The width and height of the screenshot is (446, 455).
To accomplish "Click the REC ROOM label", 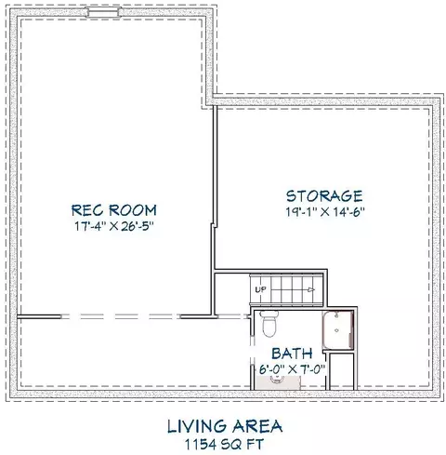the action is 114,210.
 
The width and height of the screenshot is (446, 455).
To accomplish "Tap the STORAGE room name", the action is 324,196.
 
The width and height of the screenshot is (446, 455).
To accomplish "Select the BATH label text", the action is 292,354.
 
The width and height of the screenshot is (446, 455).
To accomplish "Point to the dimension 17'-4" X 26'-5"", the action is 114,226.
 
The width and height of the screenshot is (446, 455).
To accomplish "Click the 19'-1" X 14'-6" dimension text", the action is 325,212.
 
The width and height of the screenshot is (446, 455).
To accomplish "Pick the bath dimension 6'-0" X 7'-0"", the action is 292,369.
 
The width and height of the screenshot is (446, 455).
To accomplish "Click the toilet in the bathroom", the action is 269,324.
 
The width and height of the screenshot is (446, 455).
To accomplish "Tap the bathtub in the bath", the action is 338,330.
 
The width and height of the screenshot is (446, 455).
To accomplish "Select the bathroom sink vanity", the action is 278,382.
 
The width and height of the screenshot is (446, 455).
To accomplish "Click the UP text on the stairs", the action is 260,289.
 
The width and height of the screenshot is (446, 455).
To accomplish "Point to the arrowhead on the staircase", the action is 311,289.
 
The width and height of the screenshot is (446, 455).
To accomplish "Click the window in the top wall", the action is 103,12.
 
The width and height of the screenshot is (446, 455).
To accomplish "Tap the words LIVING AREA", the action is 225,426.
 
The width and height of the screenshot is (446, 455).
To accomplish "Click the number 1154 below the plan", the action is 201,444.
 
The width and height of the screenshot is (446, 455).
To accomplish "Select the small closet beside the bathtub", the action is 342,371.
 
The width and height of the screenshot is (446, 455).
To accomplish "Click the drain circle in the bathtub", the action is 337,330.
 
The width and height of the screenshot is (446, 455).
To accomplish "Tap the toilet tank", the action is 269,314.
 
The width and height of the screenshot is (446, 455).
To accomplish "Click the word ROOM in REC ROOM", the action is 133,210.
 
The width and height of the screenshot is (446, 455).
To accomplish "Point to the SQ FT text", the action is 243,444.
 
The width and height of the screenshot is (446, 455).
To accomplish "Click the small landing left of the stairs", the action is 232,290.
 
